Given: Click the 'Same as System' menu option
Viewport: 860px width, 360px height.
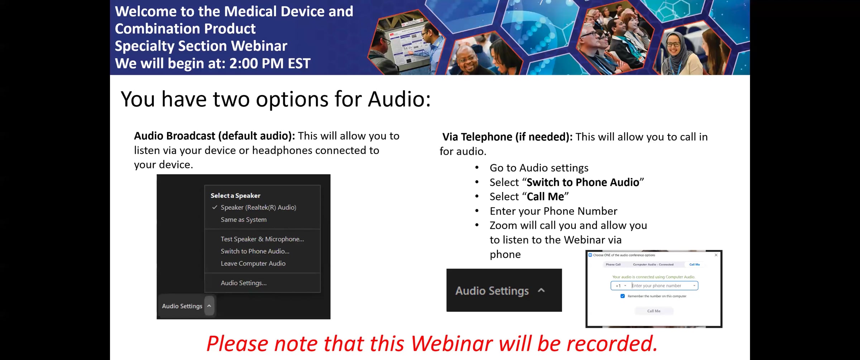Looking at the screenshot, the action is click(244, 220).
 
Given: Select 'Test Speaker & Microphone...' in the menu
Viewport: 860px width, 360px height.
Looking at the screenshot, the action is click(262, 239).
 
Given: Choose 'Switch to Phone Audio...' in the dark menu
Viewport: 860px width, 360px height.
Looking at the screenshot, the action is click(255, 251).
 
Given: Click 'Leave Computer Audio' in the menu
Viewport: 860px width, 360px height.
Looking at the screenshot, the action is click(253, 263).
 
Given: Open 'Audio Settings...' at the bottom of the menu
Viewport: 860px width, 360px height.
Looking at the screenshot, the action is click(244, 283).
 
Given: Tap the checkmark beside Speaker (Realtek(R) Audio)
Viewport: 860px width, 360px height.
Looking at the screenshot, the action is click(215, 207).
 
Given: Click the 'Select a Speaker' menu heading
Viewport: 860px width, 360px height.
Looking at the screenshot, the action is click(235, 196).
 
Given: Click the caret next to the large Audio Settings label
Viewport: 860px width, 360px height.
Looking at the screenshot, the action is click(541, 291).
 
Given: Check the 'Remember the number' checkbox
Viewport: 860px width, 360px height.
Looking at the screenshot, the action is click(622, 296).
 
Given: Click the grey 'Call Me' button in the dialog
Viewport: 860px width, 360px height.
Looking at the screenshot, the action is click(654, 311).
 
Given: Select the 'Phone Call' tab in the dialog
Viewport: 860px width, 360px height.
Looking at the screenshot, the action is click(613, 264).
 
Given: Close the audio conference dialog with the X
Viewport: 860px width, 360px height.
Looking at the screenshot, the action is click(716, 255).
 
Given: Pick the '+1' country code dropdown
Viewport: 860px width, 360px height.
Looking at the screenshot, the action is click(621, 285).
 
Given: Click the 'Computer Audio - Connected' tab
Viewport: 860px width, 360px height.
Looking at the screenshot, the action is click(653, 264).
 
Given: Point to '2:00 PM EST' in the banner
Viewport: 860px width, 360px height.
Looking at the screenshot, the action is click(270, 63).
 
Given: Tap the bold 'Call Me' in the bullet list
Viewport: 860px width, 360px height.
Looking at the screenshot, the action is click(545, 197).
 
